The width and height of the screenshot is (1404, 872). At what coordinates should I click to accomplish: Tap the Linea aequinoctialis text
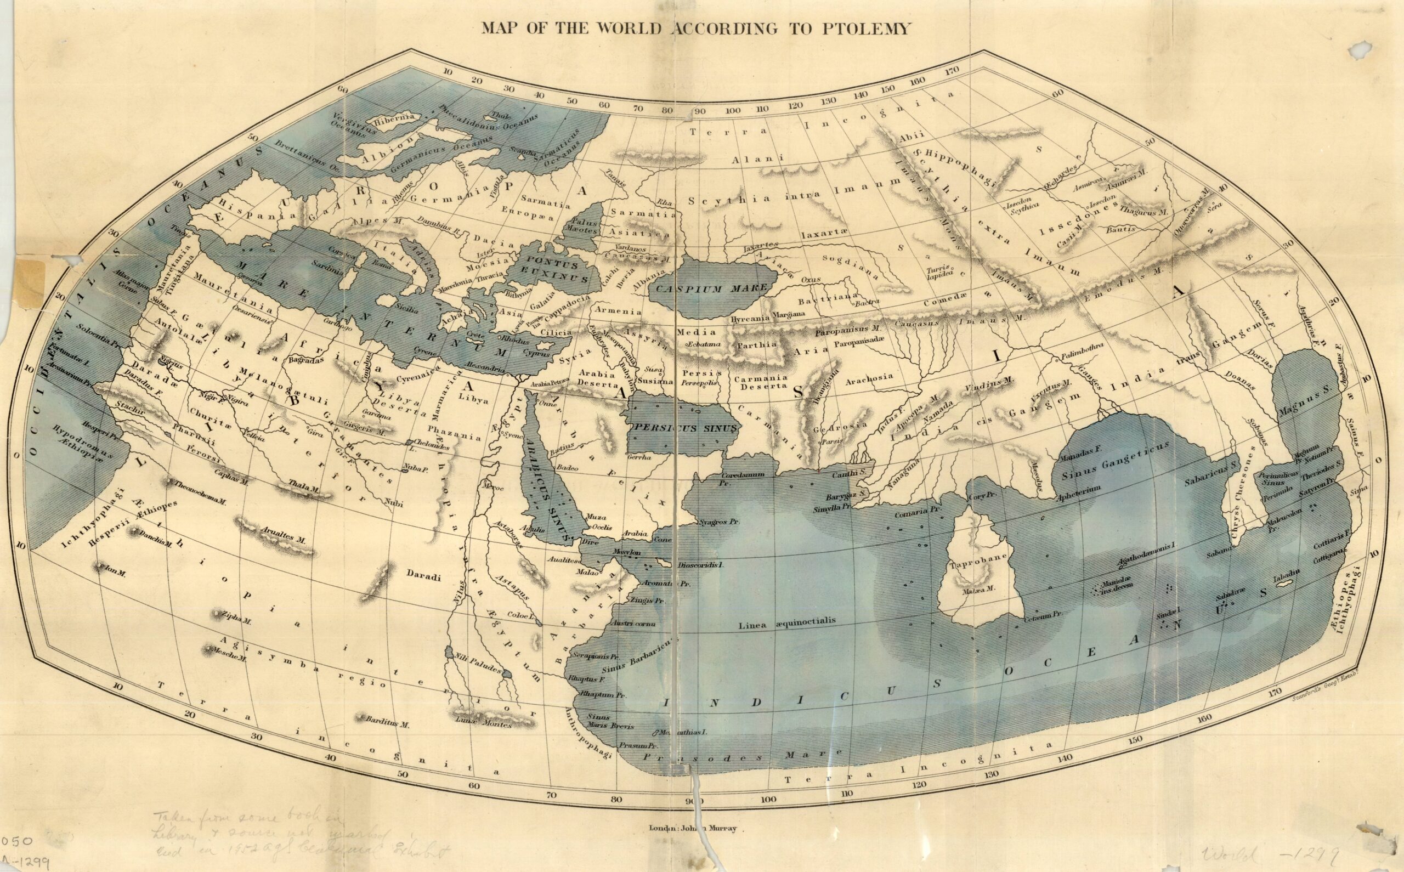tap(787, 622)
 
